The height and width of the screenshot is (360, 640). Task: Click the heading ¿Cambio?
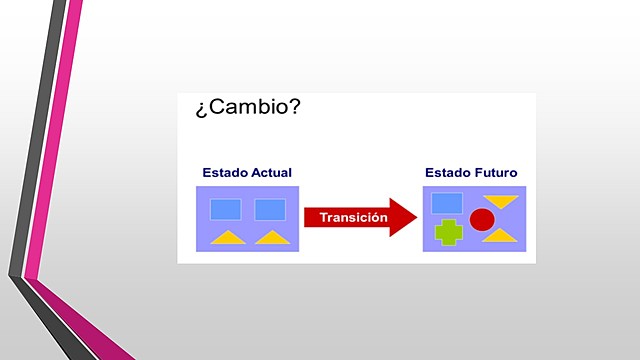[248, 108]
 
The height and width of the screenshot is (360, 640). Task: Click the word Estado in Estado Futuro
[447, 173]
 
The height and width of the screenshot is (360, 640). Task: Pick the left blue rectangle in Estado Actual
[226, 209]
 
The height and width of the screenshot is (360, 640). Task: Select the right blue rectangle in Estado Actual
[270, 209]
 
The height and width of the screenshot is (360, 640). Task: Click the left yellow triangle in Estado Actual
[227, 238]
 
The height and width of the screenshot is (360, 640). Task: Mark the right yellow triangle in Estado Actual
[271, 238]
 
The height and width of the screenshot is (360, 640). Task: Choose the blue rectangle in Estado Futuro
[446, 203]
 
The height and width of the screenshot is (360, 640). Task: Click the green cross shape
[448, 232]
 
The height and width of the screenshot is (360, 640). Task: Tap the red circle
[482, 220]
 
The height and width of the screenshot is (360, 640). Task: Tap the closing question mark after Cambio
[293, 107]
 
